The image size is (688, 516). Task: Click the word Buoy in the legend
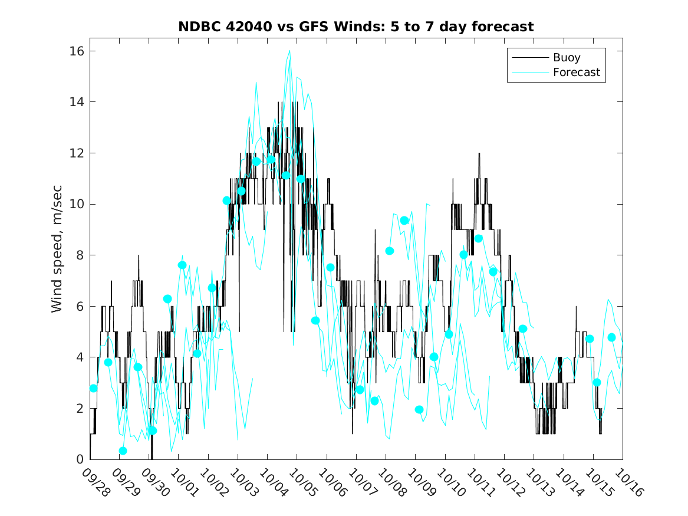566,58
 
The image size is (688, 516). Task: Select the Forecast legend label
576,73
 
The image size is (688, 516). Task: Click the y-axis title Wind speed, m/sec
57,255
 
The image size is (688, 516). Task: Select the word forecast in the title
504,27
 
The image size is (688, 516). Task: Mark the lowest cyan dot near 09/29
123,451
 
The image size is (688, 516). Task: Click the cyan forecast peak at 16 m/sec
289,51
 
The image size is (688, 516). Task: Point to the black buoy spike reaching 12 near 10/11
479,154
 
